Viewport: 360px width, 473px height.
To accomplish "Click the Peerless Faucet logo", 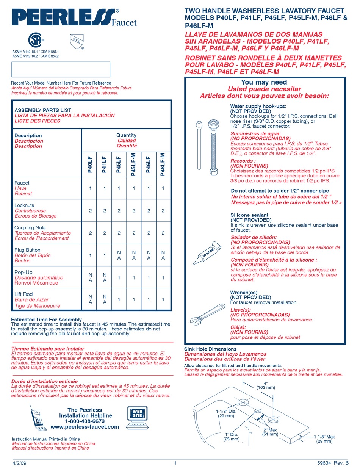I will click(x=74, y=17).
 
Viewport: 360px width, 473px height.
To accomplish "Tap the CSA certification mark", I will click(x=36, y=39).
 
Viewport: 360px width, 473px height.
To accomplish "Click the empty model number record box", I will click(x=61, y=70).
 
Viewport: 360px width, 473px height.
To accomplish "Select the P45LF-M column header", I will click(x=134, y=164).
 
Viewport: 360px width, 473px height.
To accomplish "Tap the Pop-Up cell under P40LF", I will click(x=90, y=277).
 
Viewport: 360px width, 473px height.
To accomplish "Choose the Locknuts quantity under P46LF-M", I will click(x=163, y=211).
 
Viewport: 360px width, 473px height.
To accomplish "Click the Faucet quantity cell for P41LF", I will click(x=105, y=188).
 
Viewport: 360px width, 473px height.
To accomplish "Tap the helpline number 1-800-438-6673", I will click(x=85, y=421).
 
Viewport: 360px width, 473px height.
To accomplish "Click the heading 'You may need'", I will click(x=264, y=82).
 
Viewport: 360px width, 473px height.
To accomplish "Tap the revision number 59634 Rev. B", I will click(x=332, y=463).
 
